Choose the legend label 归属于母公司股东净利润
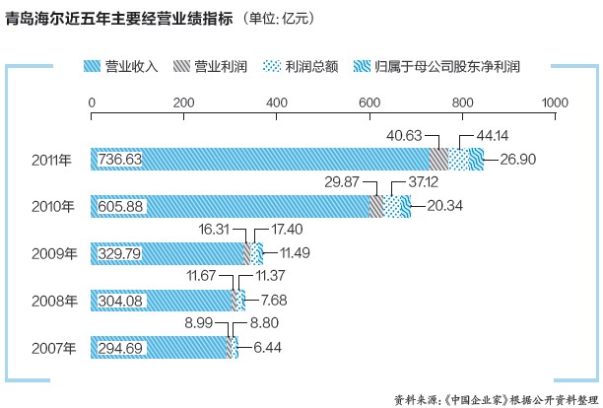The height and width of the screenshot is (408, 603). click(448, 69)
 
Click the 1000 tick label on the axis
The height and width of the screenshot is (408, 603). click(554, 102)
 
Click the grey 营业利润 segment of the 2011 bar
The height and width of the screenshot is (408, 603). click(437, 160)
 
